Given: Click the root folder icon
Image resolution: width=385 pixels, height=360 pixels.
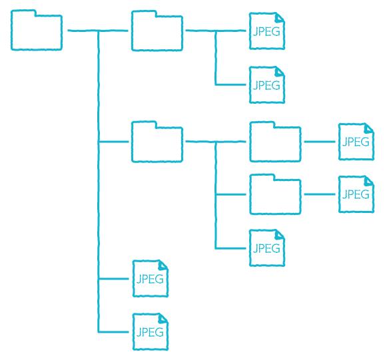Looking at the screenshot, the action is click(x=37, y=30).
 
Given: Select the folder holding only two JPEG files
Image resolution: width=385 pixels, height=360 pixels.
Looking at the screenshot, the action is click(x=157, y=31).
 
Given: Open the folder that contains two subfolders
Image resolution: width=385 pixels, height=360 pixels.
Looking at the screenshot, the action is click(x=157, y=142).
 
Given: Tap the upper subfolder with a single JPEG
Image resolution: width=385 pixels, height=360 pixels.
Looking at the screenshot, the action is click(x=275, y=142).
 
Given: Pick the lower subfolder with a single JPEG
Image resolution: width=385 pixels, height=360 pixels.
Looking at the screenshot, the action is click(x=275, y=194).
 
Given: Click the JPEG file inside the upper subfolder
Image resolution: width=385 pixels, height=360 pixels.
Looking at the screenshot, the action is click(x=356, y=142).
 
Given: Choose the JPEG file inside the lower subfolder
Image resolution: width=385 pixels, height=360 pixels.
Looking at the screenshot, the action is click(x=356, y=194).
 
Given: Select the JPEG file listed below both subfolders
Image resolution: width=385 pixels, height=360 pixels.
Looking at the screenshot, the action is click(x=267, y=248).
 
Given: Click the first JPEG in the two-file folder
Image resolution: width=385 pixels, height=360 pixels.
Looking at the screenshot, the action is click(x=267, y=31).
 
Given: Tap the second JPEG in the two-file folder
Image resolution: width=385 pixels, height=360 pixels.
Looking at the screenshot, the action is click(x=267, y=85).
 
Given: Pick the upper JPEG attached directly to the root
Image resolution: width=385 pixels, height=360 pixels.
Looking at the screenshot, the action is click(x=151, y=279).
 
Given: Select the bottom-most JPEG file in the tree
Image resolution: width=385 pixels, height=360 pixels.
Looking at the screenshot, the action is click(x=151, y=332).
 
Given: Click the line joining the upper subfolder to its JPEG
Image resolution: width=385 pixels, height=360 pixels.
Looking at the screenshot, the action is click(x=320, y=142).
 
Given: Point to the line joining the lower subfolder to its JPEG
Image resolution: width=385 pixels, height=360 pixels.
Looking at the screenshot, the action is click(x=320, y=194).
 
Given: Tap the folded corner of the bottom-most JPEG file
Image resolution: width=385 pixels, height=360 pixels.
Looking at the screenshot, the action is click(x=163, y=318).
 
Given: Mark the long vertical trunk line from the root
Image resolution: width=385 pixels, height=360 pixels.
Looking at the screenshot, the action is click(x=99, y=182).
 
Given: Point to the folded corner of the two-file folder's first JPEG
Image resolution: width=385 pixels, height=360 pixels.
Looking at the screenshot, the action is click(x=280, y=17).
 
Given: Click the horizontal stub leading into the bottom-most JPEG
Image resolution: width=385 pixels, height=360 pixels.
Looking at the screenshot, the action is click(x=113, y=332).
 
